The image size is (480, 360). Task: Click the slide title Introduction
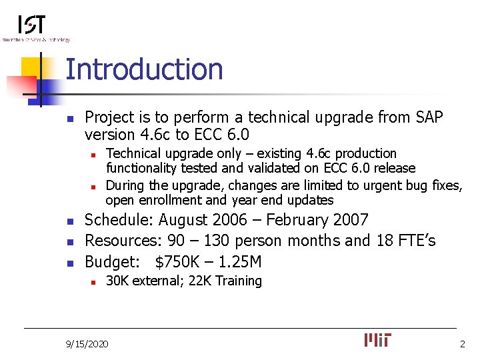[144, 70]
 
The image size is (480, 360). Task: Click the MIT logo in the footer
[378, 340]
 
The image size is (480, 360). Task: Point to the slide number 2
[462, 344]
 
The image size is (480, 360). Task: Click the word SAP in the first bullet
[428, 117]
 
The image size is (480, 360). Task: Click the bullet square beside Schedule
[69, 221]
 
